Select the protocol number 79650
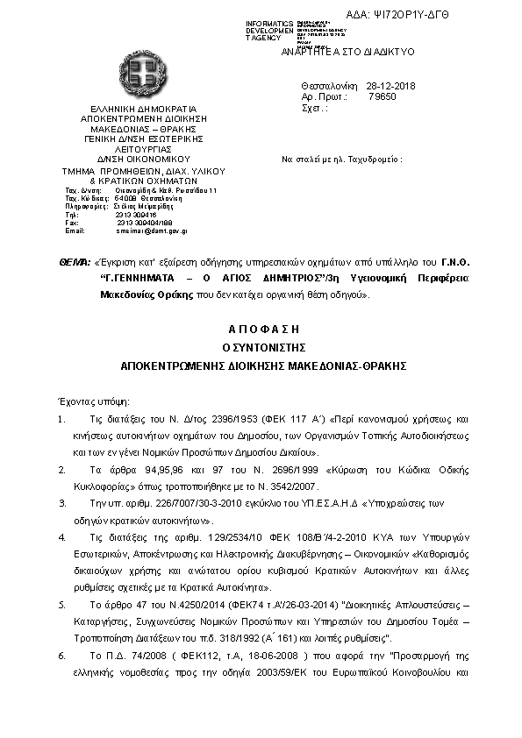[384, 97]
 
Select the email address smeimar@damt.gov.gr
[151, 231]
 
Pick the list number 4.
[61, 536]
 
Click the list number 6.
[61, 655]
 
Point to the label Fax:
[72, 223]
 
